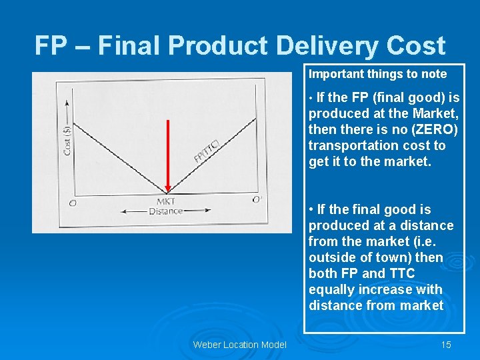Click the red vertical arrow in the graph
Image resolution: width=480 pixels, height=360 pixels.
point(167,157)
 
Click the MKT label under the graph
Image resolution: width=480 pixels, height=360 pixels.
point(166,201)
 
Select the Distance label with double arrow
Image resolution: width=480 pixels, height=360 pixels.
point(165,211)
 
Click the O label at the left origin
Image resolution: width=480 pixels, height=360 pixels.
point(72,202)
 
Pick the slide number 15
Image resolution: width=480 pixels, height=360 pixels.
point(446,345)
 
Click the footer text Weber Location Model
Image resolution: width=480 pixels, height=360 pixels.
point(239,345)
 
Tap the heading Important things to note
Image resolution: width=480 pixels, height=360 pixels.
point(377,74)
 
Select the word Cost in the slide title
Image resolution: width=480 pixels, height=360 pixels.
point(413,46)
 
